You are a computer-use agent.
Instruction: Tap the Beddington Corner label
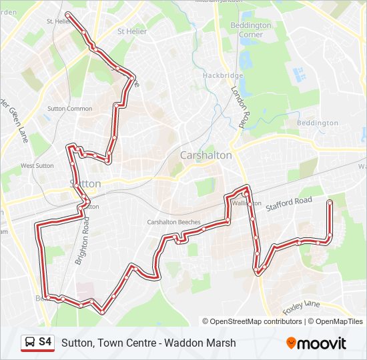pos(251,29)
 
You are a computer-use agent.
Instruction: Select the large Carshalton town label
pos(206,155)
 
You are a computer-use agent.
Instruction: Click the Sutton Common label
pos(69,109)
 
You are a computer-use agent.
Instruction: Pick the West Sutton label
pos(37,165)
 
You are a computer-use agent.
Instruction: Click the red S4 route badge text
pos(45,342)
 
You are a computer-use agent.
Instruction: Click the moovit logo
pos(316,343)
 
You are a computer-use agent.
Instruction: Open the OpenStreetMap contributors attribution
pos(256,321)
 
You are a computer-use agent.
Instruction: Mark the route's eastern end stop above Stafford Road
pos(330,201)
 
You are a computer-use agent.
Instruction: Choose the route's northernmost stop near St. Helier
pos(69,14)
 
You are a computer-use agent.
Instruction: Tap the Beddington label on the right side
pos(318,123)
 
